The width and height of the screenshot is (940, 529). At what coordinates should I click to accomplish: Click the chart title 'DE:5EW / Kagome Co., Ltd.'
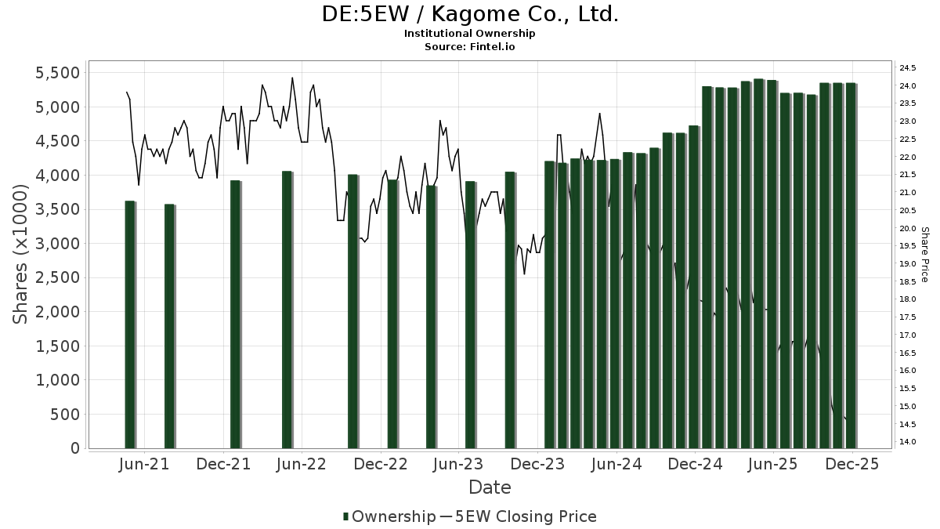click(470, 15)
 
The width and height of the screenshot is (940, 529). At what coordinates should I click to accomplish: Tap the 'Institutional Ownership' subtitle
click(470, 34)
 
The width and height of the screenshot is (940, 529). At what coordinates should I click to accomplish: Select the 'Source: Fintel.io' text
click(470, 46)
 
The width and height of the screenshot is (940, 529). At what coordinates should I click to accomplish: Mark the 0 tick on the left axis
click(76, 448)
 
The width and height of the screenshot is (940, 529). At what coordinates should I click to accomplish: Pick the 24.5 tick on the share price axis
click(909, 67)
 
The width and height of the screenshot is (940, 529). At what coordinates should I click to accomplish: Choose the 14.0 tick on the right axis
click(909, 442)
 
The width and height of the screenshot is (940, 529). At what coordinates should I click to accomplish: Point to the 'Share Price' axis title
click(925, 255)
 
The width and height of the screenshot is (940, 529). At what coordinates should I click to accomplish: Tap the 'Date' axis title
click(490, 487)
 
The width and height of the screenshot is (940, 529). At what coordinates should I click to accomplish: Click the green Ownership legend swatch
click(346, 516)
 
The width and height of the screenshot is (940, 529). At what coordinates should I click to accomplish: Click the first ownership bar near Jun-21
click(130, 325)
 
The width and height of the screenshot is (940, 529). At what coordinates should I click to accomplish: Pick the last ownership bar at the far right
click(850, 266)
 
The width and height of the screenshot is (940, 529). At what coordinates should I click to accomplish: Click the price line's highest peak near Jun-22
click(292, 78)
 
